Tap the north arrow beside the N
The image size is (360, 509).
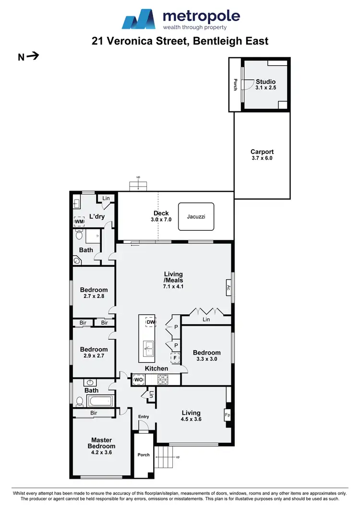33,56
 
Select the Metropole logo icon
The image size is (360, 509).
139,19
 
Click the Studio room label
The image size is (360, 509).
265,82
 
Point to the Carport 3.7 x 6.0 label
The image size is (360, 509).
262,155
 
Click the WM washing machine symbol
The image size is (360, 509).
79,221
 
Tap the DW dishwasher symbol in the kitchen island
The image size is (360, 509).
151,322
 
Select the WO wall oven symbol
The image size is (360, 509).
139,380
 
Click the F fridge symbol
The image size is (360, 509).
175,358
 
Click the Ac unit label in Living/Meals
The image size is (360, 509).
228,288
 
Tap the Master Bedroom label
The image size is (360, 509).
101,443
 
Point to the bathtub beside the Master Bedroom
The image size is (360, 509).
100,401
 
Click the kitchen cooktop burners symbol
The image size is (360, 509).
162,380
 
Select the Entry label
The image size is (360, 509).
144,416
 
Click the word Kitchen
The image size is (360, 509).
156,368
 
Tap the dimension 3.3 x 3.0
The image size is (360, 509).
206,359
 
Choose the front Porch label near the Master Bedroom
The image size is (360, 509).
144,455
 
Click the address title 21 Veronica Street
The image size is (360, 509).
180,41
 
